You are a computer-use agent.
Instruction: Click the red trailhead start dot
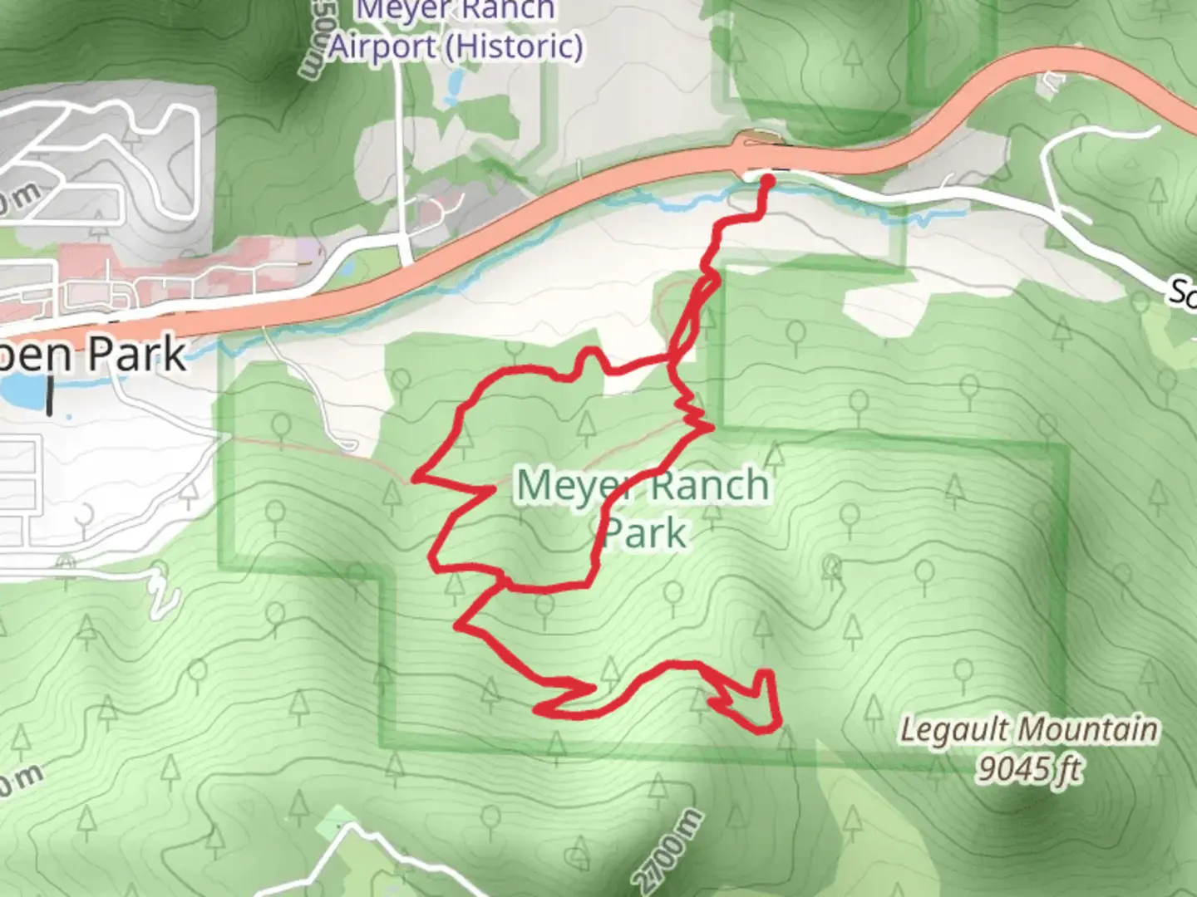click(x=768, y=180)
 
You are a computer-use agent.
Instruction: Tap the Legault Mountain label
click(x=1028, y=730)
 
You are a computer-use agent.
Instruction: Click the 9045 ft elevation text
click(x=1029, y=768)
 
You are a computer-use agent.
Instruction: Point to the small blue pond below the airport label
click(x=455, y=82)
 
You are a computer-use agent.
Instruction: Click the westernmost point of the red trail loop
click(x=413, y=478)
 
